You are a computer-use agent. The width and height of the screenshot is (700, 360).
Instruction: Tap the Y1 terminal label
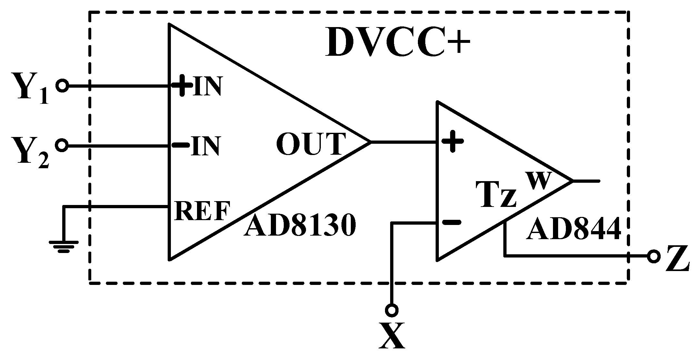click(31, 89)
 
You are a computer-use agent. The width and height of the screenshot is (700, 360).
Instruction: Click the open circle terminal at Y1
click(62, 86)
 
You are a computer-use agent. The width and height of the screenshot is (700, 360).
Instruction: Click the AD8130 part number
click(300, 226)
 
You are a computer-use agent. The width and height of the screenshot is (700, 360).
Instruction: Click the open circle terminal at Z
click(654, 257)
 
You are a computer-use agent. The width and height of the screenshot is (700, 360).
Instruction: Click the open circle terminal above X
click(391, 310)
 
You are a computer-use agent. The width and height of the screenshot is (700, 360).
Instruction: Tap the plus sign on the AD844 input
click(452, 141)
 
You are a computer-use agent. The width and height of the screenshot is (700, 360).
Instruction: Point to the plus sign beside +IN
click(182, 86)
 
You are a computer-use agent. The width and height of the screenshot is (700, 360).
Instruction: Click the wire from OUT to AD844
click(403, 141)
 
